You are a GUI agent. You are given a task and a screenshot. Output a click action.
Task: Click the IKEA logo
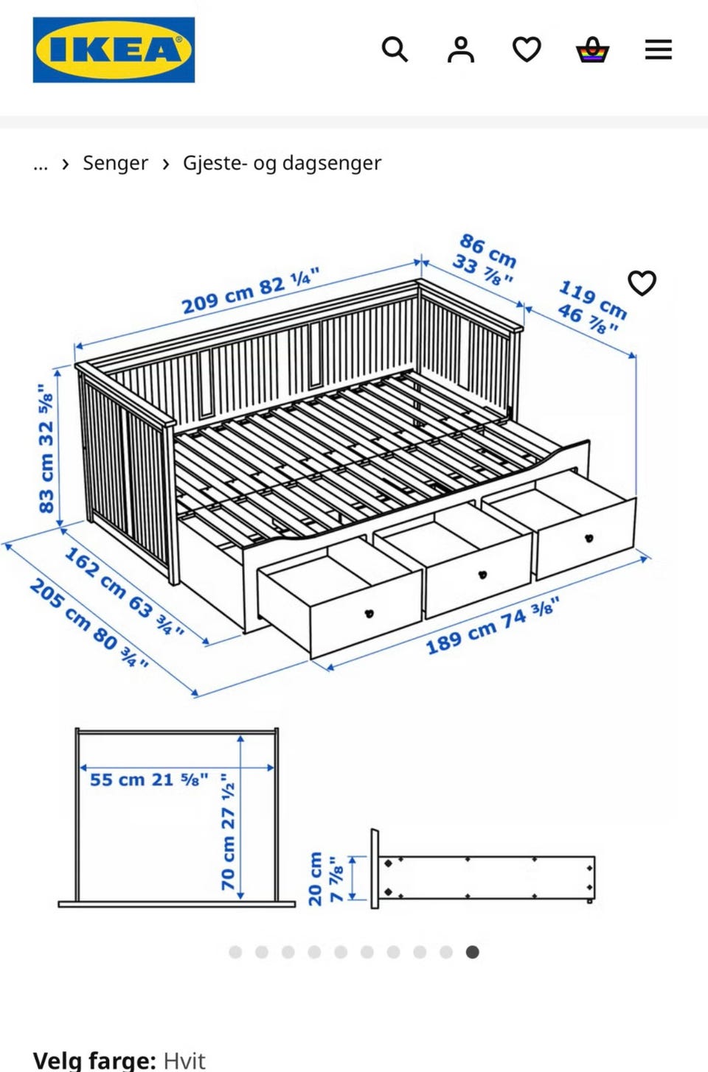pos(114,50)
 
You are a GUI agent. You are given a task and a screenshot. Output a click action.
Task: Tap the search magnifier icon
pos(395,49)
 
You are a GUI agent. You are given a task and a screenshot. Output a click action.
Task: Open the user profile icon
pos(461,49)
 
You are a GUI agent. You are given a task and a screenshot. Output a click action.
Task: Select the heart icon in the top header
pos(527,49)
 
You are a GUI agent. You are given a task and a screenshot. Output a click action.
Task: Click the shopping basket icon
pos(592,49)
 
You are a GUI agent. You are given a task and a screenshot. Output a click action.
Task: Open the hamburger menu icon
pos(659,49)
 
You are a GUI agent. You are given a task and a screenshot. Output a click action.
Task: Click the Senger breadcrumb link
pos(116,163)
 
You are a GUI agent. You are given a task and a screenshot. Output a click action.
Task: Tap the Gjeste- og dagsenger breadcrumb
pos(282,163)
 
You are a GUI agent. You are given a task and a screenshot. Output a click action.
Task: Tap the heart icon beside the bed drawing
pos(642,283)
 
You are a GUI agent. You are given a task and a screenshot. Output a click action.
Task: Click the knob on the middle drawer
pos(483,574)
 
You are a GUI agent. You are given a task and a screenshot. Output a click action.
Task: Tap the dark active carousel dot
pos(472,952)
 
